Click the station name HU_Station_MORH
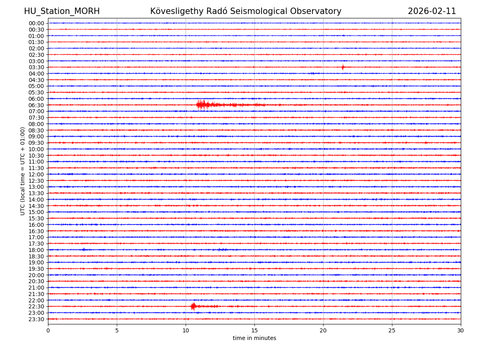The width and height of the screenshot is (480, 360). (62, 11)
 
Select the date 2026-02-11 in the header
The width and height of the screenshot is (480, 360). (432, 11)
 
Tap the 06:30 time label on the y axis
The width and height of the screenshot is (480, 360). (36, 105)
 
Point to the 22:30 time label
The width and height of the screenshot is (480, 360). (36, 307)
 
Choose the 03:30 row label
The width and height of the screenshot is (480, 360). (36, 67)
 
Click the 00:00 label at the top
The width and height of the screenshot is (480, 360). (36, 23)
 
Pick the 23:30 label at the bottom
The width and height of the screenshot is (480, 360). (36, 319)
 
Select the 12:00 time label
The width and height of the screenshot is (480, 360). (36, 174)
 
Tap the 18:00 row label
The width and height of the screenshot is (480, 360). (36, 250)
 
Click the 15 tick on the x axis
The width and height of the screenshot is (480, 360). (254, 331)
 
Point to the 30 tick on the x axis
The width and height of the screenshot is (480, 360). (461, 331)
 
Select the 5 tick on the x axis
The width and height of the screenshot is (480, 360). (117, 331)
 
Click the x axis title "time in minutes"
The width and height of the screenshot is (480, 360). (254, 338)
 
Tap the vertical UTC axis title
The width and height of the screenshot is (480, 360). (23, 171)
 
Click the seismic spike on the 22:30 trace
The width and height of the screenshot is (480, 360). (193, 306)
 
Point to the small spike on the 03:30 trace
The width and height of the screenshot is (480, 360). (343, 67)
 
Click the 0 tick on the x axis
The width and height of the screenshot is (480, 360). (48, 331)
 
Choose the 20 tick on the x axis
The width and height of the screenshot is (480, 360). (323, 331)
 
